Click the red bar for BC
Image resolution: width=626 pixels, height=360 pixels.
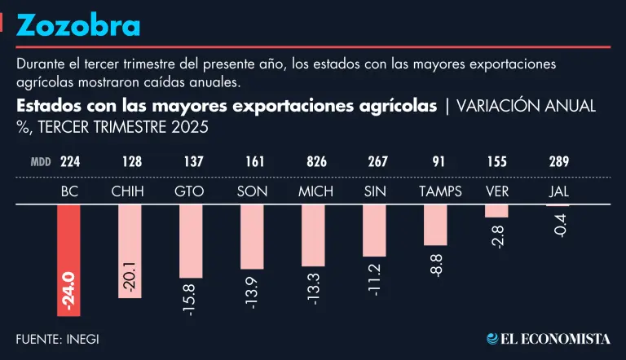pyautogui.click(x=68, y=244)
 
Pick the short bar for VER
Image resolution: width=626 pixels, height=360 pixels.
pyautogui.click(x=496, y=210)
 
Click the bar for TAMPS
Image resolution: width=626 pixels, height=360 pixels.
pyautogui.click(x=435, y=224)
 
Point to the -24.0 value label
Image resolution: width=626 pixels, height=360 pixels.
pyautogui.click(x=68, y=292)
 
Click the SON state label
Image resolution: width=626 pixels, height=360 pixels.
pyautogui.click(x=252, y=191)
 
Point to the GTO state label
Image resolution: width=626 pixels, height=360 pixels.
pyautogui.click(x=189, y=191)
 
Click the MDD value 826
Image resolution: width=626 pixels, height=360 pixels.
pyautogui.click(x=315, y=162)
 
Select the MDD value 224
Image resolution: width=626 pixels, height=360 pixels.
pyautogui.click(x=70, y=162)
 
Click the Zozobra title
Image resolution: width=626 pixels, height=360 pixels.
pyautogui.click(x=78, y=26)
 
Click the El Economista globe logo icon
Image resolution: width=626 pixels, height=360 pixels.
pyautogui.click(x=493, y=338)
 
